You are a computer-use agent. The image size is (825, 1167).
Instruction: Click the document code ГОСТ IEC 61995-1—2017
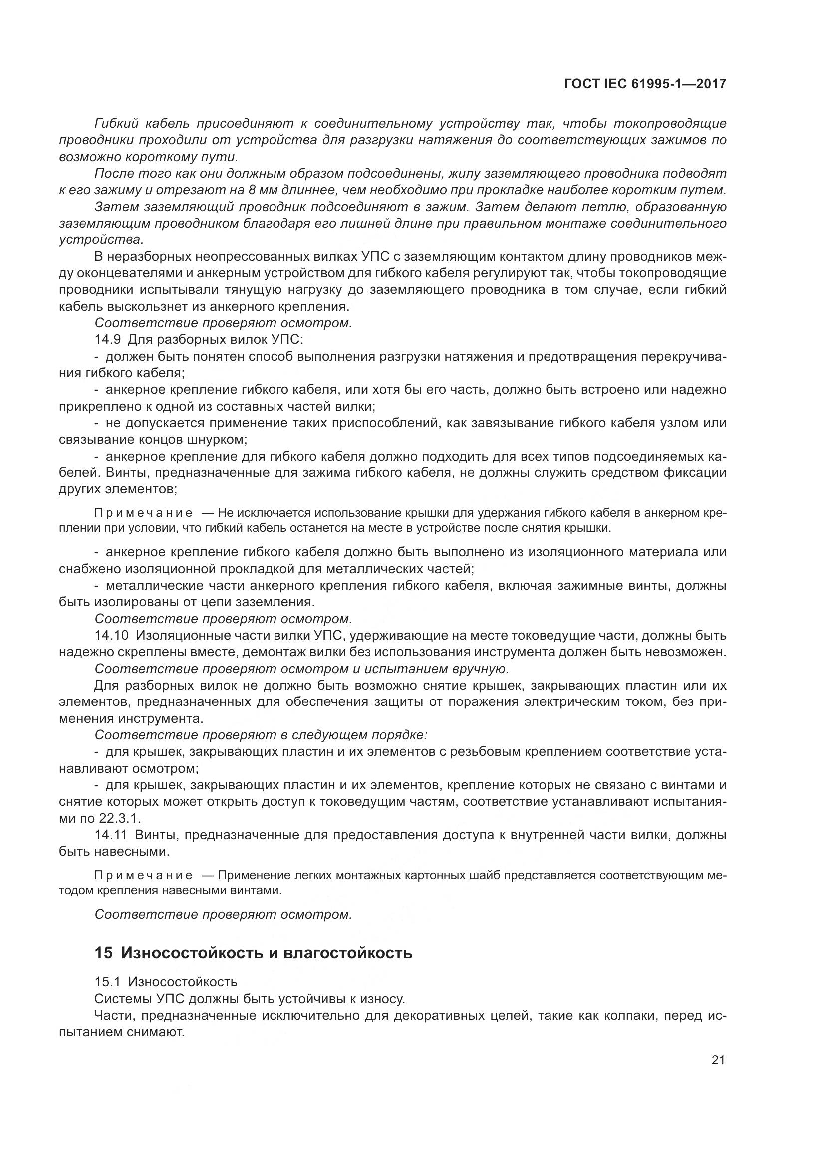[x=644, y=84]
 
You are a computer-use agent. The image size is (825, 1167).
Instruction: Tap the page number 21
[x=718, y=1060]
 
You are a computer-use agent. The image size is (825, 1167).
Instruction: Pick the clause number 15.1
[x=107, y=982]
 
